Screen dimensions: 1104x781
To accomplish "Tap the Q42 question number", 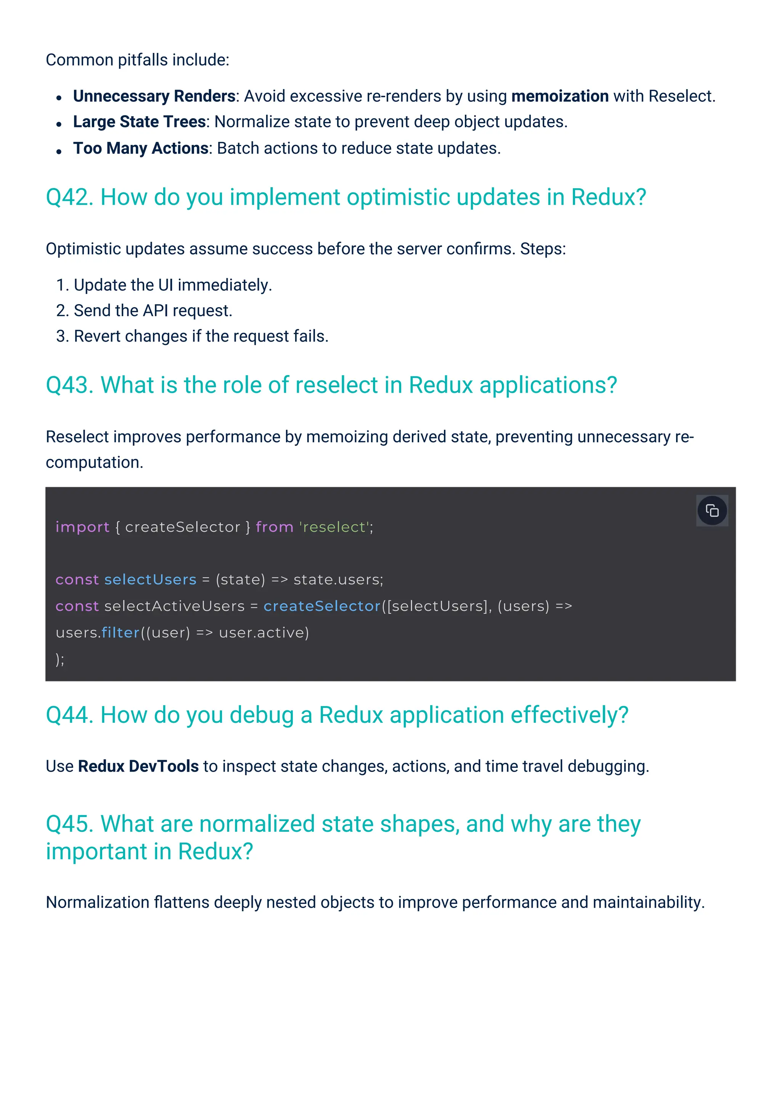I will [69, 197].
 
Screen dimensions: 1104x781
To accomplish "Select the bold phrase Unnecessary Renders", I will [154, 96].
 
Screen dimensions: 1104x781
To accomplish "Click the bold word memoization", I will [560, 96].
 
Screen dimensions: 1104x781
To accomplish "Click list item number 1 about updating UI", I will [164, 285].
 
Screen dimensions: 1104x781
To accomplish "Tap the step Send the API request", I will [153, 311].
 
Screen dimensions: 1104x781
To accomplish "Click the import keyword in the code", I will [82, 527].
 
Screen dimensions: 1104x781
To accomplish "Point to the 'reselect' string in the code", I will [334, 527].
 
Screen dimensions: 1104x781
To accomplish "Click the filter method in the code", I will [120, 632].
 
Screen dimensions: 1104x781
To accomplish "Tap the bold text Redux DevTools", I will [138, 766].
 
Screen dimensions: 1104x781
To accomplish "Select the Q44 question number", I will [69, 715].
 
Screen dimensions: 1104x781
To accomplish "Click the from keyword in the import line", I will [274, 527].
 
